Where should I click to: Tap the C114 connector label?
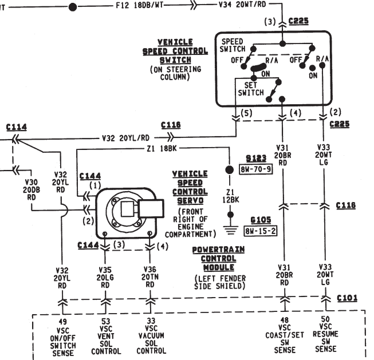coord(15,126)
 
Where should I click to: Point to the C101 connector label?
coord(347,298)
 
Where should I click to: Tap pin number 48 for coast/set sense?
coord(284,321)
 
